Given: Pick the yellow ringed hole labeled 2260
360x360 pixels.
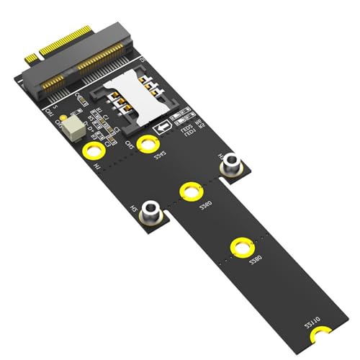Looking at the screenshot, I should point(191,192).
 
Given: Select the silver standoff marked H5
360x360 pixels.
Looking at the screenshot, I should point(151,211).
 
